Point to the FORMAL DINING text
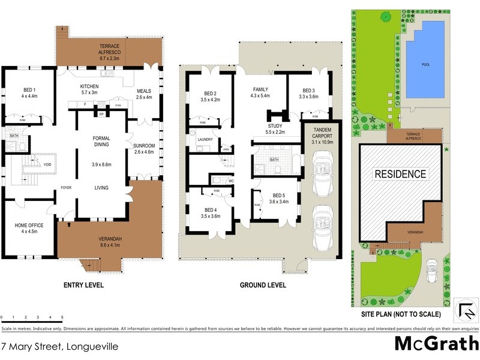point(101,142)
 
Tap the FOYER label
point(66,188)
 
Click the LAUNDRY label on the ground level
point(205,139)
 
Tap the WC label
point(230,179)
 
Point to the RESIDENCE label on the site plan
point(400,175)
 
